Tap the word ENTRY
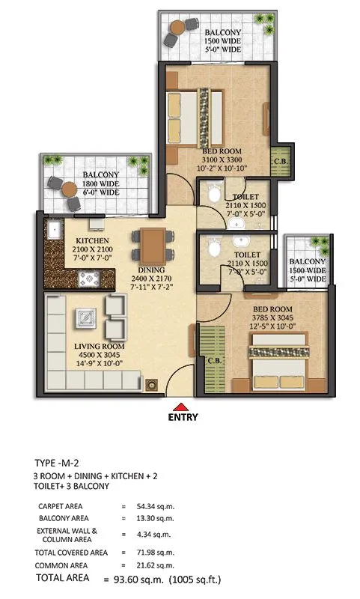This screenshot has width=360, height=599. click(x=183, y=417)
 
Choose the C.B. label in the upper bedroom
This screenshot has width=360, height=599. click(x=281, y=161)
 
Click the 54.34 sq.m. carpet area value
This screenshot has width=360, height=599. click(x=155, y=507)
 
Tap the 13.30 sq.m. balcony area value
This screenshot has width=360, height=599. click(x=155, y=518)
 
